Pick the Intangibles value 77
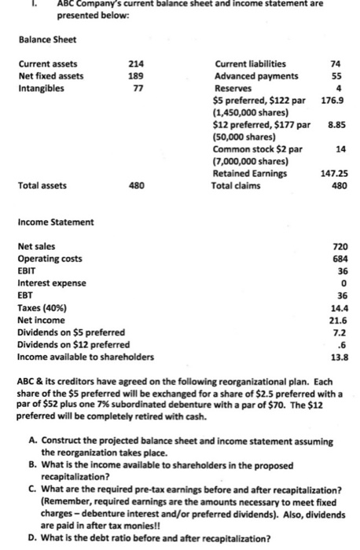[x=138, y=89]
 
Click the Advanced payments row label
[x=255, y=76]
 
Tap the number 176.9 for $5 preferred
[x=335, y=101]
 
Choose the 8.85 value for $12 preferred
[x=336, y=124]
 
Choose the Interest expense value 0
[x=343, y=283]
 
